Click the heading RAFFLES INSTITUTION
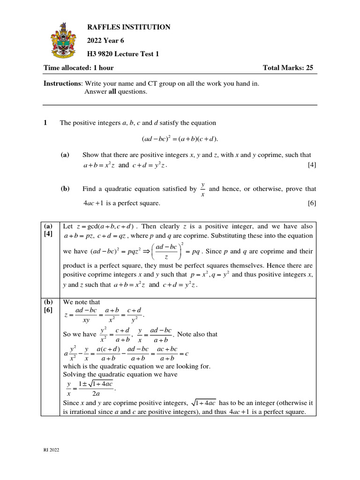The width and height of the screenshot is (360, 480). click(129, 28)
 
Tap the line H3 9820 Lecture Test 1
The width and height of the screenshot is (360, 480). click(123, 54)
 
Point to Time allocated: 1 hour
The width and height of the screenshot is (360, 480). click(79, 68)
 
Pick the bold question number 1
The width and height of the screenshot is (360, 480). click(45, 123)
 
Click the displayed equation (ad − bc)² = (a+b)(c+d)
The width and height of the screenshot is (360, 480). click(180, 139)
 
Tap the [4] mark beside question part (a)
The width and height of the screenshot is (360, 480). click(312, 165)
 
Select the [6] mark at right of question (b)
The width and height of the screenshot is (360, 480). click(312, 203)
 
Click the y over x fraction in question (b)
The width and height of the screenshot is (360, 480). click(202, 189)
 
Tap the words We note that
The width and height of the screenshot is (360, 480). click(82, 302)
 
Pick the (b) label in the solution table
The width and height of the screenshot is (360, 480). click(48, 302)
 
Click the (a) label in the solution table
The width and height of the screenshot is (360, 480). click(48, 225)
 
